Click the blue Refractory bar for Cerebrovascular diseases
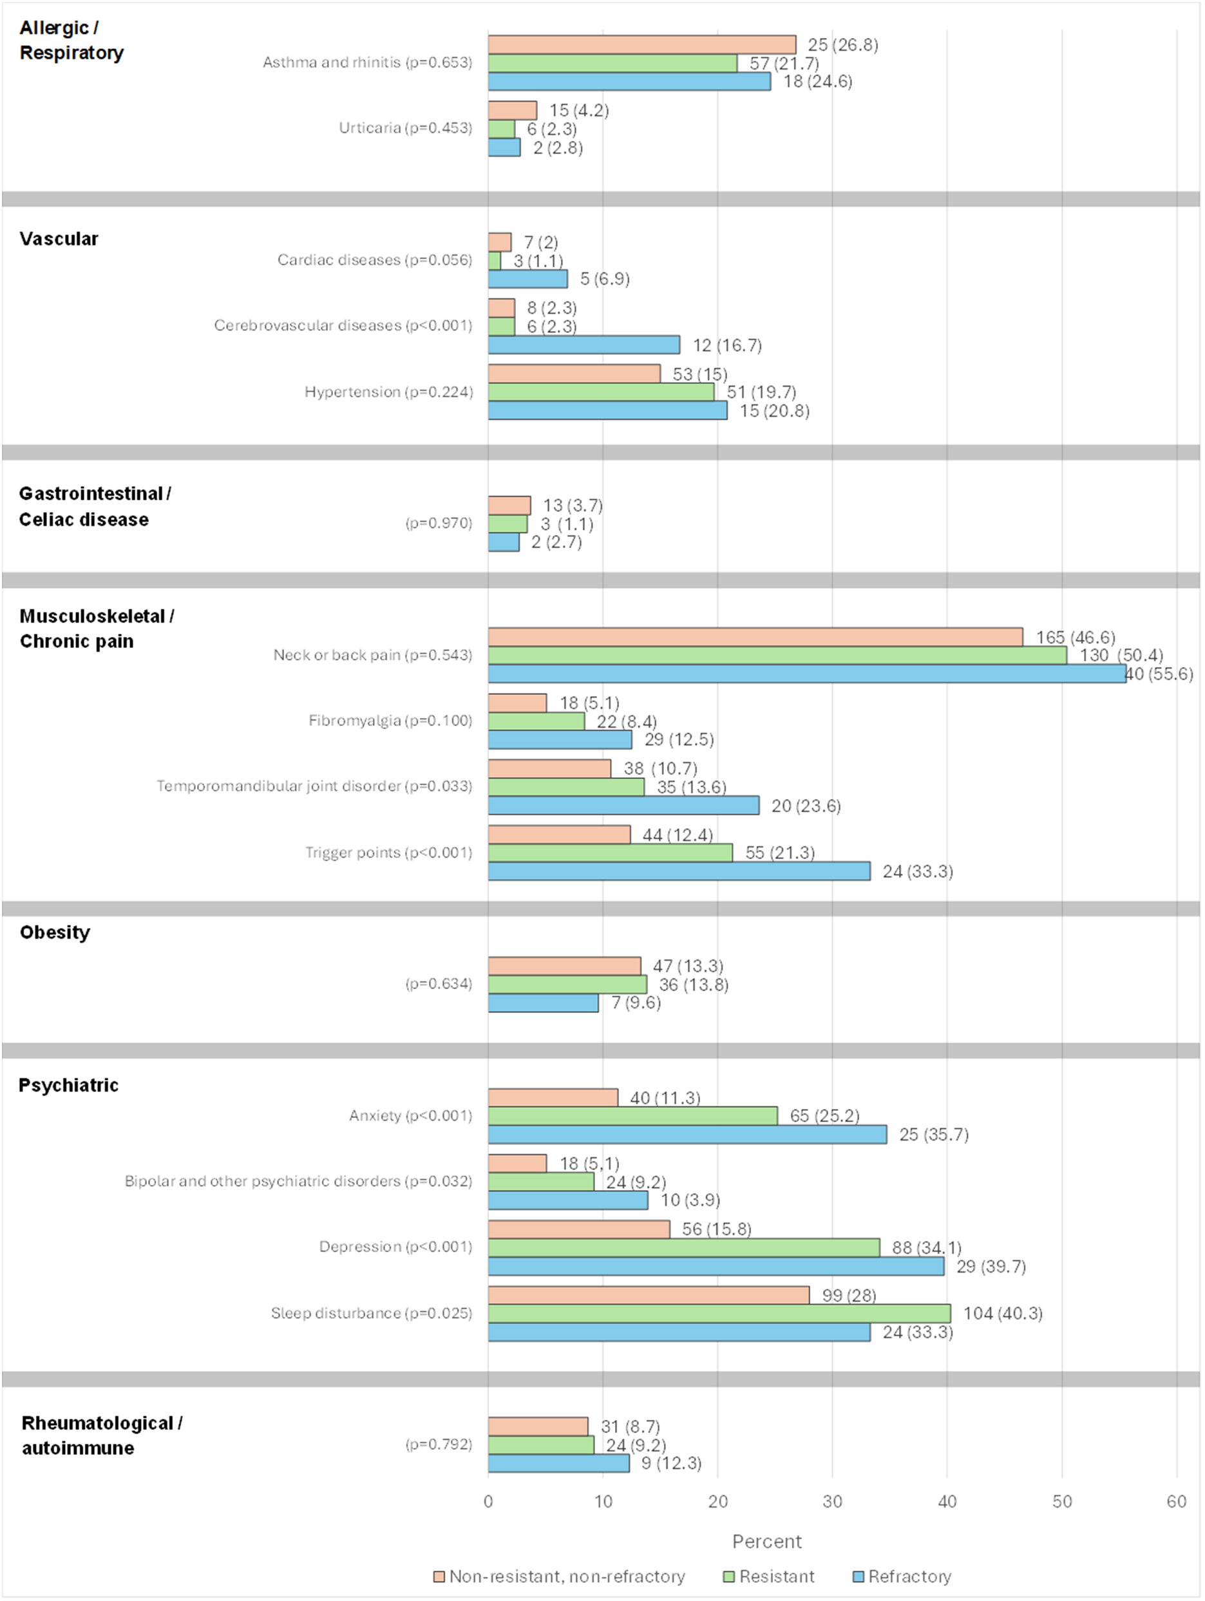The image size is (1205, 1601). coord(584,345)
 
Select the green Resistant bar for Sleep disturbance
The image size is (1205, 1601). coord(719,1313)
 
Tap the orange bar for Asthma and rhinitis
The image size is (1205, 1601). coord(642,44)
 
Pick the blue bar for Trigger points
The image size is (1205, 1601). coord(679,871)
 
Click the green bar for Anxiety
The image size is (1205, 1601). coord(632,1115)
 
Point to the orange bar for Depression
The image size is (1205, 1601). coord(579,1229)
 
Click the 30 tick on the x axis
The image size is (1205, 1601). coord(832,1501)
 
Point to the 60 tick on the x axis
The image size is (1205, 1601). coord(1177,1501)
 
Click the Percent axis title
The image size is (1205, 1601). coord(766,1541)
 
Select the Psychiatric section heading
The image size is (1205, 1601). coord(69,1085)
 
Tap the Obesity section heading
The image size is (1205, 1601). coord(55,933)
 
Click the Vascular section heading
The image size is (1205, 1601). coord(59,239)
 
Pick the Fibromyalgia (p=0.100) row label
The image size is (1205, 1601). coord(390,720)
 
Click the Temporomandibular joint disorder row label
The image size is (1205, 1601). coord(314,786)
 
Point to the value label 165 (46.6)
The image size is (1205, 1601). coord(1076,637)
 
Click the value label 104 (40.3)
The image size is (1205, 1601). coord(1002,1313)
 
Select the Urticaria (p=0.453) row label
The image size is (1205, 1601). coord(405,128)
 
